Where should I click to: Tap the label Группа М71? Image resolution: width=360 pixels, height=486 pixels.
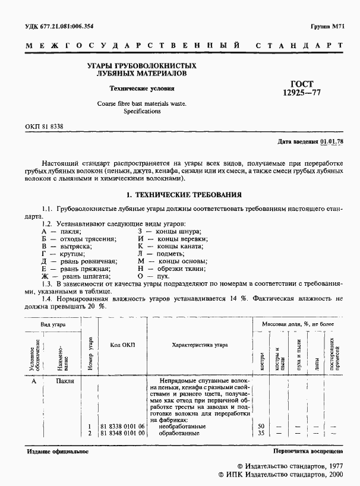pos(327,27)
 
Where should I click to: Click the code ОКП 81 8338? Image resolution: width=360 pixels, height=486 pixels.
pos(45,127)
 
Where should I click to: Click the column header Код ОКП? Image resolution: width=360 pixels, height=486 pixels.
pos(122,345)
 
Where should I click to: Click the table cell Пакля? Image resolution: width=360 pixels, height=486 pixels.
pos(65,381)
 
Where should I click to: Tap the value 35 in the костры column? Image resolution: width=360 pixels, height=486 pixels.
pos(261,434)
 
